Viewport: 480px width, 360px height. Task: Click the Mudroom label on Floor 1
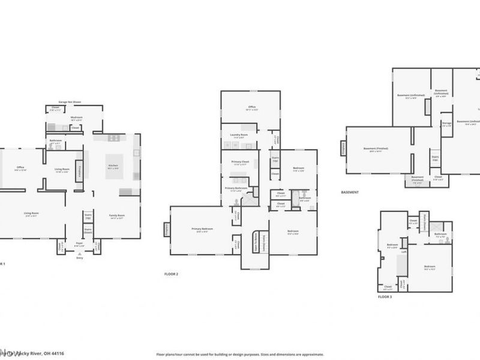pyautogui.click(x=76, y=118)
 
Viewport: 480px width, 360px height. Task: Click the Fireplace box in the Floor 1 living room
pyautogui.click(x=78, y=170)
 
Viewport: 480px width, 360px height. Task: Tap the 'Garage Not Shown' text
pyautogui.click(x=70, y=102)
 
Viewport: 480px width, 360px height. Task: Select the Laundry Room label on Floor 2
pyautogui.click(x=239, y=136)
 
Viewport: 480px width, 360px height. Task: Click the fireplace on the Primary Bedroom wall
pyautogui.click(x=166, y=229)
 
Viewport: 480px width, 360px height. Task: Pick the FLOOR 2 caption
pyautogui.click(x=172, y=274)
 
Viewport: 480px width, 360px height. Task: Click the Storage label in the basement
pyautogui.click(x=446, y=123)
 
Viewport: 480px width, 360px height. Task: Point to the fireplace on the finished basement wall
pyautogui.click(x=343, y=148)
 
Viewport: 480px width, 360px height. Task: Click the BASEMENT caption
pyautogui.click(x=349, y=193)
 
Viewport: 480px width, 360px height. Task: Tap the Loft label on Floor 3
pyautogui.click(x=404, y=252)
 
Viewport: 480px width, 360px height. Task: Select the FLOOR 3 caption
pyautogui.click(x=384, y=296)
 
